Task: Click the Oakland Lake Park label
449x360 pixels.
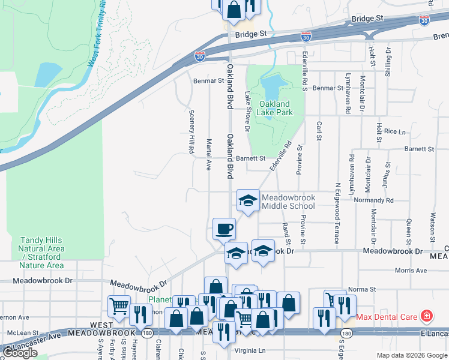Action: pos(274,108)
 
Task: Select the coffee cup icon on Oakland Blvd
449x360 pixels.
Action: pos(224,229)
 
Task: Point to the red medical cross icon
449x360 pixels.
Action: pos(426,316)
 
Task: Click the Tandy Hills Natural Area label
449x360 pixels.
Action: pos(41,253)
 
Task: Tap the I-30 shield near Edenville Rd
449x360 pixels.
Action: pos(306,37)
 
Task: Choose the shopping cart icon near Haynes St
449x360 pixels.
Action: pos(119,307)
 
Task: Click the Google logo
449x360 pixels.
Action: pos(21,353)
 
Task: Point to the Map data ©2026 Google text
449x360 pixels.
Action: pos(411,355)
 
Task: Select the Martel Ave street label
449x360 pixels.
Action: pos(209,155)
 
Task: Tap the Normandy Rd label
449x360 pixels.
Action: pos(373,200)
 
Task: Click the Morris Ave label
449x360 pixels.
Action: pos(411,271)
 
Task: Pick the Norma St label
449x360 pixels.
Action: pos(361,289)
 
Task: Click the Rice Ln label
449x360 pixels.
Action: pos(394,131)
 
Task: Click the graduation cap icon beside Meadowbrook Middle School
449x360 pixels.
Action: pos(248,200)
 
